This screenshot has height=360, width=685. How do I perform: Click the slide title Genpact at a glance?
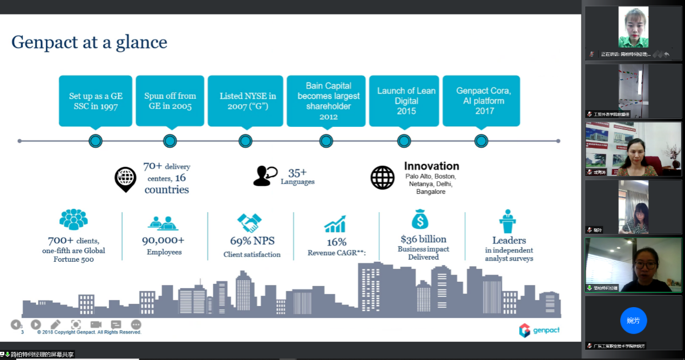tap(89, 42)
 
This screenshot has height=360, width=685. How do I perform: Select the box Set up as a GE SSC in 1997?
tap(96, 101)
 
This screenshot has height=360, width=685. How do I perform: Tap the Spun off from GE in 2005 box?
tap(170, 101)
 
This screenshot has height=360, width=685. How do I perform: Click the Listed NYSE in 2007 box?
tap(245, 101)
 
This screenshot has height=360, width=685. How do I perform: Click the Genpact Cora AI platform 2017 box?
tap(481, 101)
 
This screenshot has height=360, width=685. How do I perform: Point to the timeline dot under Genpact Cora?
tap(481, 141)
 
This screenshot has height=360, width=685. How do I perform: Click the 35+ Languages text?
tap(297, 176)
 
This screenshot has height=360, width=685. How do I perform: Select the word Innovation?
tap(431, 166)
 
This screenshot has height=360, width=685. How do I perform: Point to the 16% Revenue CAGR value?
tap(336, 242)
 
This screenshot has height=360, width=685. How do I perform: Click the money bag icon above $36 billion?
tap(420, 220)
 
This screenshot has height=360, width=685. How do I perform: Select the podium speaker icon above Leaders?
tap(508, 221)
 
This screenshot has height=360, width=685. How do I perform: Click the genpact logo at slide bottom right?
tap(539, 330)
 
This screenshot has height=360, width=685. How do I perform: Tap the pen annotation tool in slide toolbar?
tap(56, 324)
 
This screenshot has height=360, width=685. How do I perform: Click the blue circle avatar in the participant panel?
tap(633, 321)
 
